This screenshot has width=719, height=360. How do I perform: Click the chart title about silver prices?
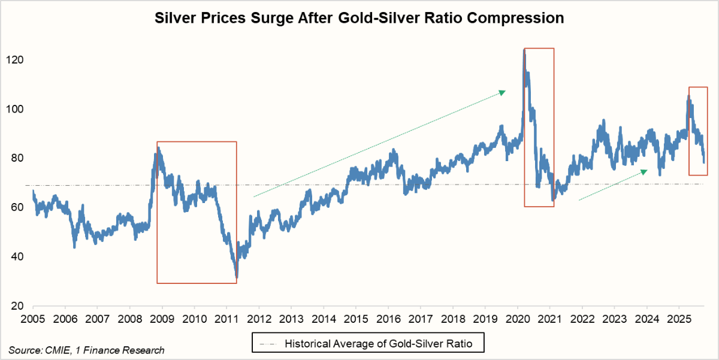pos(359,19)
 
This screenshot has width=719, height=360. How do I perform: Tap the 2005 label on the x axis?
pos(32,317)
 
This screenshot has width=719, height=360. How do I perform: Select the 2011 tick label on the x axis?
pos(226,317)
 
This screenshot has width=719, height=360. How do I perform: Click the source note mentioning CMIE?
pos(86,350)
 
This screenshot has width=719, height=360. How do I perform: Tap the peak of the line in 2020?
pos(524,50)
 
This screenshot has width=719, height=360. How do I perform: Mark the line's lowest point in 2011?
pos(237,277)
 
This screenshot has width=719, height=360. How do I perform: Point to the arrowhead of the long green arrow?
pos(503,92)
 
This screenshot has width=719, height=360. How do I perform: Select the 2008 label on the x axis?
pos(129,317)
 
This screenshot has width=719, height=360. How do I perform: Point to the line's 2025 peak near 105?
pos(688,96)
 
